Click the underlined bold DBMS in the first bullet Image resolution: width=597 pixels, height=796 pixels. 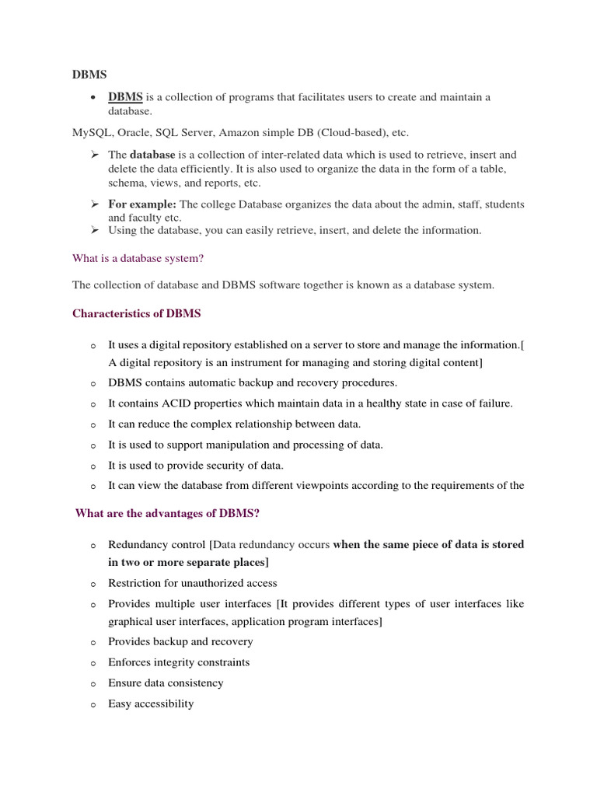click(x=125, y=97)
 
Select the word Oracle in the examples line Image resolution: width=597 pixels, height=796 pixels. click(x=133, y=132)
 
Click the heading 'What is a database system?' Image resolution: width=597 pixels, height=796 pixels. click(x=138, y=258)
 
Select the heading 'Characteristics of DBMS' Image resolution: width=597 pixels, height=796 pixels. click(x=136, y=313)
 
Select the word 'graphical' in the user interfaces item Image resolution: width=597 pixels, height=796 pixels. click(x=131, y=622)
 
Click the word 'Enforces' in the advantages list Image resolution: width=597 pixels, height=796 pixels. click(x=130, y=662)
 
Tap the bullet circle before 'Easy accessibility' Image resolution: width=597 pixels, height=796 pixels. click(x=93, y=705)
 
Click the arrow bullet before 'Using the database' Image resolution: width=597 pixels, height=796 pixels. click(x=93, y=230)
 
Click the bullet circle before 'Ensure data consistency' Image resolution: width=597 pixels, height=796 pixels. click(x=93, y=684)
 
